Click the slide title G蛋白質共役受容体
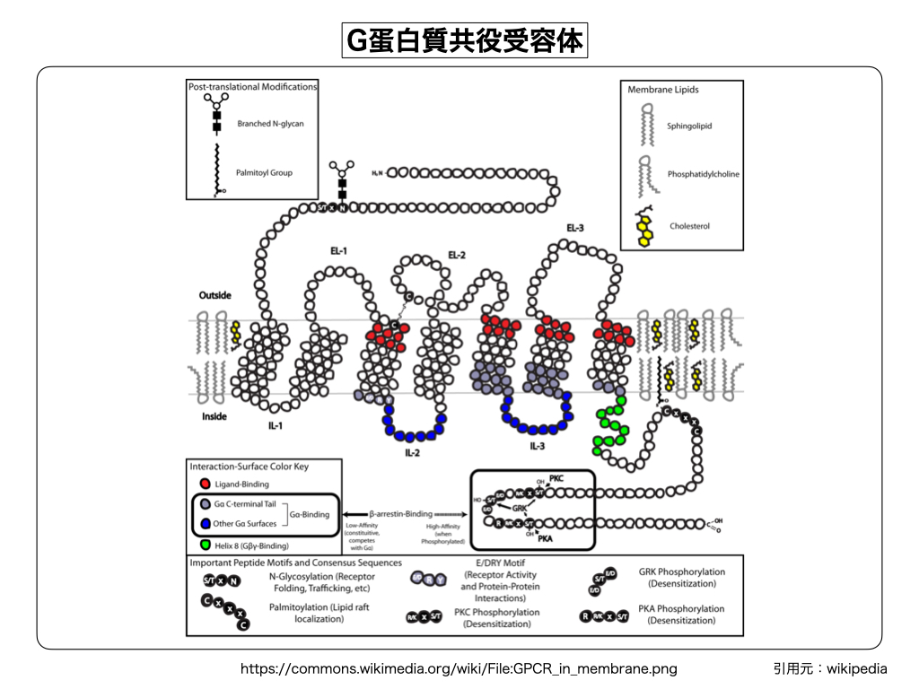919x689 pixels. point(464,40)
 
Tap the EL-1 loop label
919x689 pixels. point(339,250)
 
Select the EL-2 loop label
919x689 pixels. point(457,256)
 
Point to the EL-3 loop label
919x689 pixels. point(575,228)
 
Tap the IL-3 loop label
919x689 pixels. point(538,445)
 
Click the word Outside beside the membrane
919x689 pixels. point(215,295)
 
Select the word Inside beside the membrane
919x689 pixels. point(214,416)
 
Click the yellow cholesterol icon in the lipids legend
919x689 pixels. point(645,226)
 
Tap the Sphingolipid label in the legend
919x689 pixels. point(689,126)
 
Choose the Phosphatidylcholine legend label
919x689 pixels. point(704,174)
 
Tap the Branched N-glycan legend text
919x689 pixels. point(270,123)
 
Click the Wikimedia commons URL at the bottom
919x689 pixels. point(459,668)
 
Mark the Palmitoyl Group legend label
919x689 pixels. point(265,172)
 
